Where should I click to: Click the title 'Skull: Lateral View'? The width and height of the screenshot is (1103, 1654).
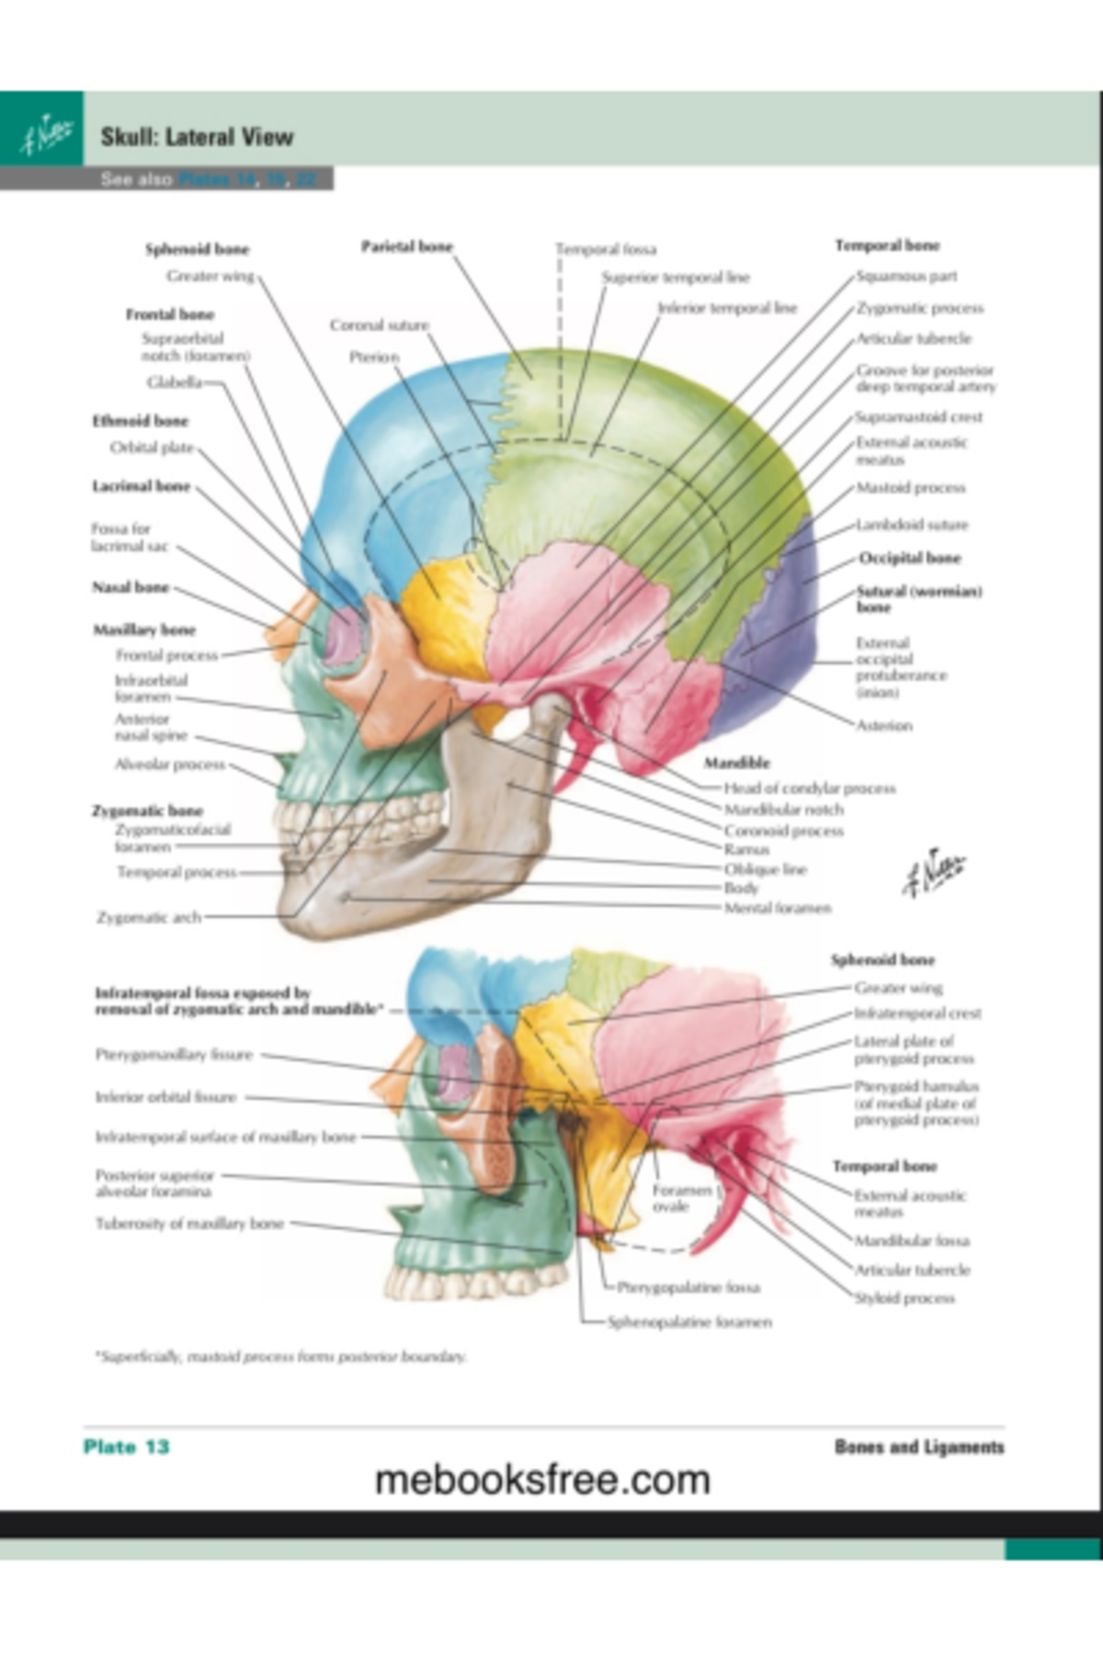197,138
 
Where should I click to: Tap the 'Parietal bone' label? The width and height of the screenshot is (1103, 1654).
406,246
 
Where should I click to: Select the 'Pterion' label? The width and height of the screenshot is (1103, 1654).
374,357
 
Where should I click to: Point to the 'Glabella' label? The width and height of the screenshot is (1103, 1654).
174,381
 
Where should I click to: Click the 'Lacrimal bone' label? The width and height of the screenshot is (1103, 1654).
141,486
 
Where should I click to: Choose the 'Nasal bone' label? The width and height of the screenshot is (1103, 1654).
131,586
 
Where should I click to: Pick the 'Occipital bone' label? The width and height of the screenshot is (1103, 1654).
909,558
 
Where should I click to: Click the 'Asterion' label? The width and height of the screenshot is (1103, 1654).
884,725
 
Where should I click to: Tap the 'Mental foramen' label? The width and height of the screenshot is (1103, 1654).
778,908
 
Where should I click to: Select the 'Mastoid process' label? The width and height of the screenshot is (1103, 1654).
910,487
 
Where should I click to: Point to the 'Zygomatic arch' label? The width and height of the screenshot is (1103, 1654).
149,916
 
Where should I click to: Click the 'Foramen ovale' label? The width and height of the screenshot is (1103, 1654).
681,1197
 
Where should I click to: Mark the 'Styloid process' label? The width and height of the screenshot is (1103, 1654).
904,1297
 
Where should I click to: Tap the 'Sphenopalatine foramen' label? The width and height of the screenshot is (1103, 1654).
689,1321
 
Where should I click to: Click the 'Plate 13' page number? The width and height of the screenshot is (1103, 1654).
126,1446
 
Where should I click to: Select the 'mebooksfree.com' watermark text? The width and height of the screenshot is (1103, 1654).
542,1479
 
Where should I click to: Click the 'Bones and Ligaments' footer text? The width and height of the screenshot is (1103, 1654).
918,1446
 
